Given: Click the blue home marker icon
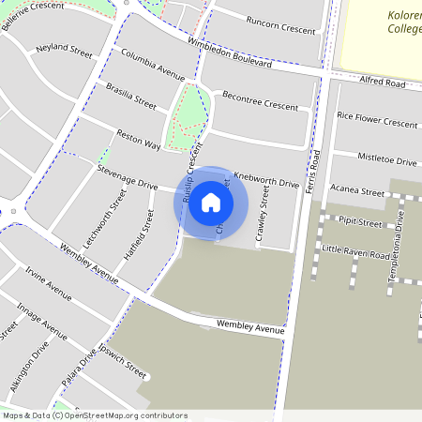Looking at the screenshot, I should (211, 203).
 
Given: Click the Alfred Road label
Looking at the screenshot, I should (382, 83).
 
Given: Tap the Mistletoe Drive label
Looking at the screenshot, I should (386, 160).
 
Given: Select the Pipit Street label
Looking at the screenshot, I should (360, 223).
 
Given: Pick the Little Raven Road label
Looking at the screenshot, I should (354, 253).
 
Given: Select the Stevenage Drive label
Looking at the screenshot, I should (128, 177).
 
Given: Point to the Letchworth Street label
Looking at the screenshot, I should (104, 218).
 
